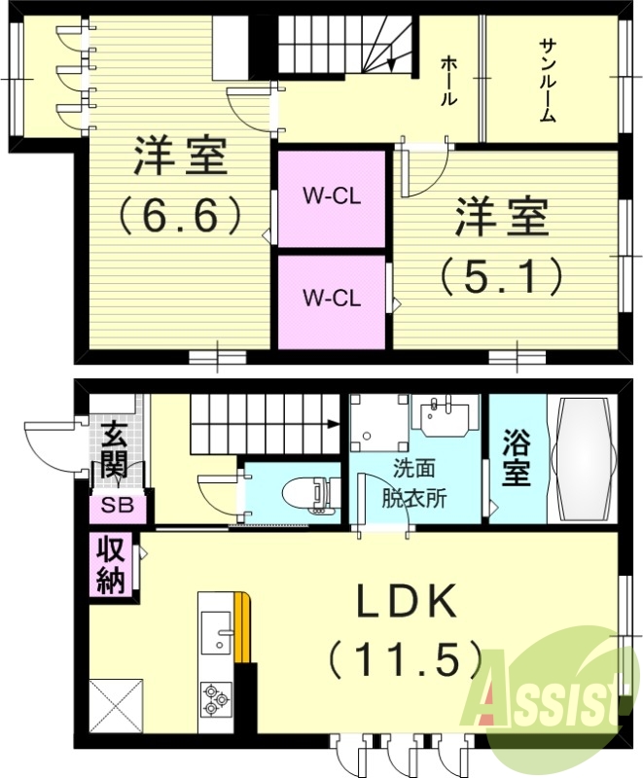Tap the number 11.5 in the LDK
click(x=406, y=661)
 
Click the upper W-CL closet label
click(x=332, y=195)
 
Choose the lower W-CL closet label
click(x=332, y=296)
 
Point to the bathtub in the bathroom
click(x=583, y=458)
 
